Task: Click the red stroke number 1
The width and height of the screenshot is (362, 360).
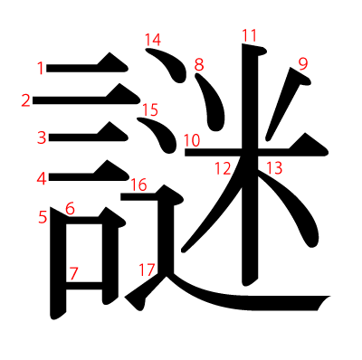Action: (41, 68)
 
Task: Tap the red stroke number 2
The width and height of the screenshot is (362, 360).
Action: (26, 100)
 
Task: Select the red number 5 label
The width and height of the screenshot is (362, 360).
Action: (43, 217)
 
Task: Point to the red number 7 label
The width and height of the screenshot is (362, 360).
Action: (73, 273)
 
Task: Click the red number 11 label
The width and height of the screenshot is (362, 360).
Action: (250, 35)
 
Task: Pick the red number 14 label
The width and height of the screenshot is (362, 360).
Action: (153, 40)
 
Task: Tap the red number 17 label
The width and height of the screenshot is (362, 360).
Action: (147, 270)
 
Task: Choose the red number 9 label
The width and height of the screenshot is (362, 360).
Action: (303, 64)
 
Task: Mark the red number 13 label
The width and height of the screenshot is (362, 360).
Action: (274, 168)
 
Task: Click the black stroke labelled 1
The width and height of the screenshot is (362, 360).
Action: (88, 65)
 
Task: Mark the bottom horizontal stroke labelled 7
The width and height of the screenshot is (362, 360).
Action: (84, 286)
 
